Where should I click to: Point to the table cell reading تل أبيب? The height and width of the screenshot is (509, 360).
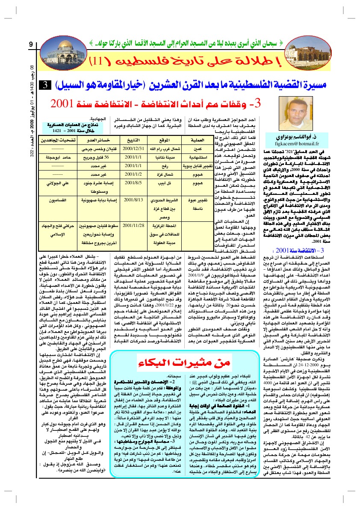[164, 183]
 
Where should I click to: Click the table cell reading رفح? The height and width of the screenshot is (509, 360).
[164, 166]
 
